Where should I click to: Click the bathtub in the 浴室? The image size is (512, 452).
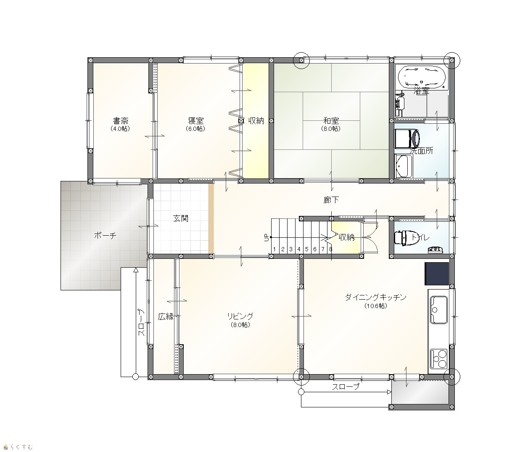(x=422, y=77)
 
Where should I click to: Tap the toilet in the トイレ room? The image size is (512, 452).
(x=404, y=238)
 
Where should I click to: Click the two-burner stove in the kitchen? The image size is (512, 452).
(x=438, y=359)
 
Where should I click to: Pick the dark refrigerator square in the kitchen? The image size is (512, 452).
(x=437, y=274)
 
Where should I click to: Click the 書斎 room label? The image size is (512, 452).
(x=121, y=121)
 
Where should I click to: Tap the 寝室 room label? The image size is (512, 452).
(x=195, y=121)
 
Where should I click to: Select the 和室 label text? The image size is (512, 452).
(x=331, y=121)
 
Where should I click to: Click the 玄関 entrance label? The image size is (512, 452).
(x=181, y=218)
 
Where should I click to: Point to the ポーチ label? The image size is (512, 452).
(x=105, y=236)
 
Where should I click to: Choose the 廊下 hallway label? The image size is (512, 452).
(x=331, y=200)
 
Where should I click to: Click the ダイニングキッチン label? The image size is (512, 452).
(x=375, y=297)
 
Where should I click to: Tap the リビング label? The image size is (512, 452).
(x=240, y=316)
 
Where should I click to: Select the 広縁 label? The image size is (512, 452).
(x=166, y=316)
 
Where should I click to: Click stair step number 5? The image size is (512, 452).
(x=307, y=249)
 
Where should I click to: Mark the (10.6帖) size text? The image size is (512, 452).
(x=375, y=306)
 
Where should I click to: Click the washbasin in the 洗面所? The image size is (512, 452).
(x=403, y=166)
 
